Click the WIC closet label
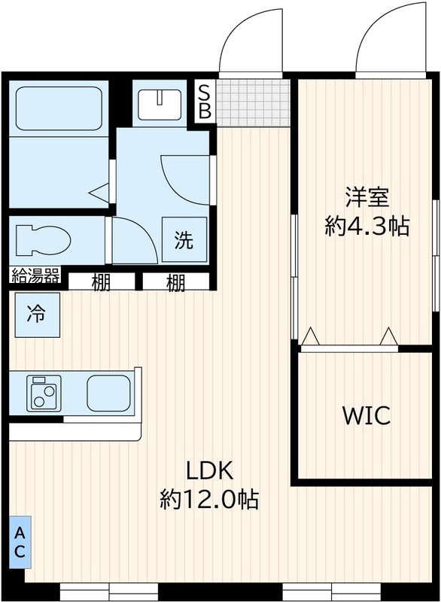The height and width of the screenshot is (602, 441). [366, 415]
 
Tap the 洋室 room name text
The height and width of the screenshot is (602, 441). [366, 198]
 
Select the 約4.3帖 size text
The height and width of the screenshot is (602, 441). [366, 226]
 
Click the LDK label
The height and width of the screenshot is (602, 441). [210, 472]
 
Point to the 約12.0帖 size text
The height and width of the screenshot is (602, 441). [209, 499]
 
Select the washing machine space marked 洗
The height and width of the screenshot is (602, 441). [184, 240]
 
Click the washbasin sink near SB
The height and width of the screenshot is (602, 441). [160, 102]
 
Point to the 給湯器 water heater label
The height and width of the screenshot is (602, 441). [35, 276]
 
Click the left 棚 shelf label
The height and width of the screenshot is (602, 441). [102, 283]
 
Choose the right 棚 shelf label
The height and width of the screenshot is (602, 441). [175, 283]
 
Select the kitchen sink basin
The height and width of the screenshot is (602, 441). [108, 392]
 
